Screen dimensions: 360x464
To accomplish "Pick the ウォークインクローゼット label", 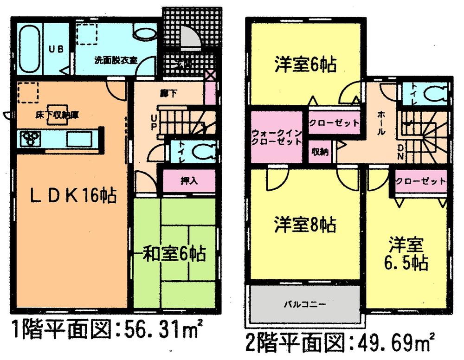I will point(277,137).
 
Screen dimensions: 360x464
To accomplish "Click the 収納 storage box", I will point(321,152).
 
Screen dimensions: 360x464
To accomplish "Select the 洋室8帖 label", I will point(305,225).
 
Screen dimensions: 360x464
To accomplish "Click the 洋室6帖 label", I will point(305,64).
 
